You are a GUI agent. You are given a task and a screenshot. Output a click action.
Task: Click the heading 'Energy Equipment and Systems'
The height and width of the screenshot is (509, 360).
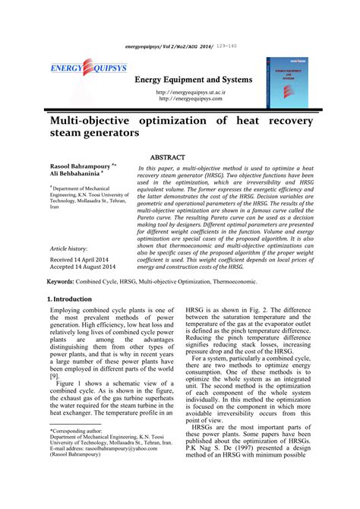pos(194,80)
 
